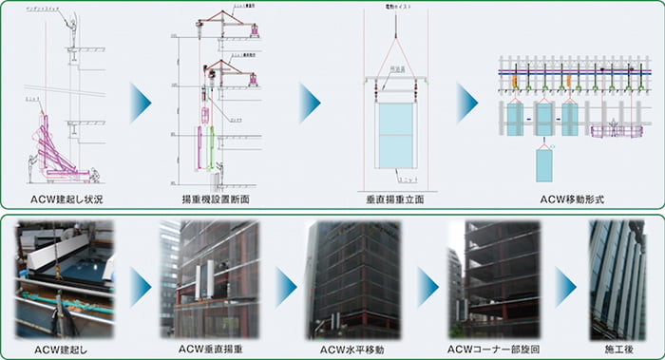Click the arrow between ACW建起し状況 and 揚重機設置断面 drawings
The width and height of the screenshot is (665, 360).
(x=142, y=103)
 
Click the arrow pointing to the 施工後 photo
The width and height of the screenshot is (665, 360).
(x=567, y=283)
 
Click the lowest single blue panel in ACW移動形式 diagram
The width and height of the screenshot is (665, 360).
(x=543, y=164)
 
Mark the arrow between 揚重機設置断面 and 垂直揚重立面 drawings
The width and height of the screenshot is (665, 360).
(x=310, y=103)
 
